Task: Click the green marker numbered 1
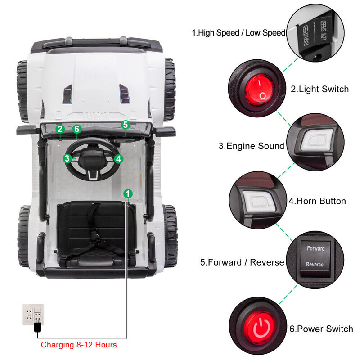pyautogui.click(x=128, y=193)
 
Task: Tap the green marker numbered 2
pyautogui.click(x=60, y=129)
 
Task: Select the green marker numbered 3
pyautogui.click(x=67, y=158)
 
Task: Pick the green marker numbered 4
pyautogui.click(x=118, y=158)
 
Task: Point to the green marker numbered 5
pyautogui.click(x=126, y=124)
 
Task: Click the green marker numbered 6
pyautogui.click(x=77, y=129)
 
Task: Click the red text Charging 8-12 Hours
pyautogui.click(x=79, y=345)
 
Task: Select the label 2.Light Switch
pyautogui.click(x=319, y=89)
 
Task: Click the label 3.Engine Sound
pyautogui.click(x=252, y=146)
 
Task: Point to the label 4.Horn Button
pyautogui.click(x=317, y=201)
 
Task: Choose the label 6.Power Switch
pyautogui.click(x=321, y=329)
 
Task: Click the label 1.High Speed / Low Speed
pyautogui.click(x=238, y=33)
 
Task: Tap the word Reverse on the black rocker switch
pyautogui.click(x=315, y=265)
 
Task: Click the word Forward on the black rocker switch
pyautogui.click(x=315, y=248)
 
